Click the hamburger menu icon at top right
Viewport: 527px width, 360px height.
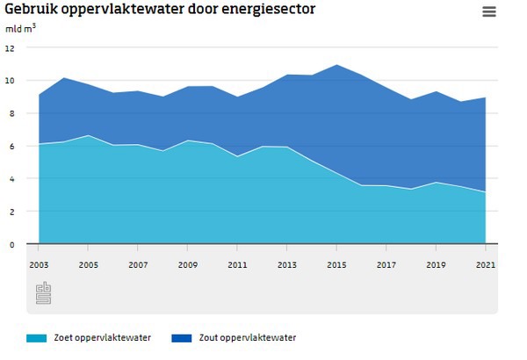point(489,11)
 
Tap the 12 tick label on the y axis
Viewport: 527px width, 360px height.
point(10,48)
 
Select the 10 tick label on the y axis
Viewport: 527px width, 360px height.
point(10,81)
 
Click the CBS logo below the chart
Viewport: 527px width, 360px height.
point(44,293)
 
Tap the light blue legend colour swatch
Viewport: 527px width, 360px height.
point(36,338)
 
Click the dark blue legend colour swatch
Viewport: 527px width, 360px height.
point(182,338)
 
